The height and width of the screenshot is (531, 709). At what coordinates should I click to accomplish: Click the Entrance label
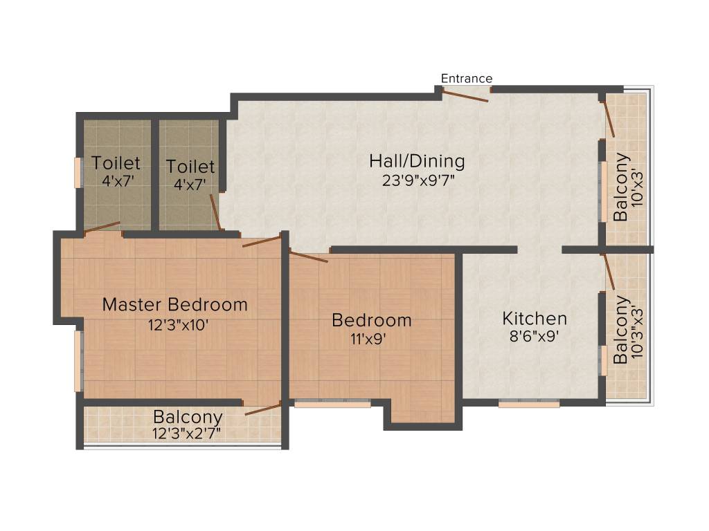pos(467,78)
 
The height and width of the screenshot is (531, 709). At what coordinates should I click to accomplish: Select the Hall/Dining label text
pos(417,162)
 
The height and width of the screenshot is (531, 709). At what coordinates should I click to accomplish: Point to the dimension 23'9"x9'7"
pos(417,181)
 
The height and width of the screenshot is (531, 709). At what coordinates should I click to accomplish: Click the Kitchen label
pos(535,319)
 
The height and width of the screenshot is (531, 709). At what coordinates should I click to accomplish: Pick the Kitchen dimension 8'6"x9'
pos(535,337)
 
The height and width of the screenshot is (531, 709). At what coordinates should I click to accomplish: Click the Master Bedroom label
pos(174,304)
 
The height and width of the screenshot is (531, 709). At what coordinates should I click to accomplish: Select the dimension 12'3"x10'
pos(174,324)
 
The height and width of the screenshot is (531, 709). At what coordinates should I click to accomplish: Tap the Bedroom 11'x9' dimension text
pos(372,339)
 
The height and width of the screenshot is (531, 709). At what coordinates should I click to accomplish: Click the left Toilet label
pos(116,163)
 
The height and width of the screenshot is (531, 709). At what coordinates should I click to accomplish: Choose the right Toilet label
pos(190,167)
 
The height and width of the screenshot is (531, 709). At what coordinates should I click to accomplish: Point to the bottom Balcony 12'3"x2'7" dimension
pos(188,434)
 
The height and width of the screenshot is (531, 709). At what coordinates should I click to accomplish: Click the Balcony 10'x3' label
pos(622,187)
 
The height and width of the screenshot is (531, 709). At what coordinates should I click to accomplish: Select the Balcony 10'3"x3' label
pos(622,330)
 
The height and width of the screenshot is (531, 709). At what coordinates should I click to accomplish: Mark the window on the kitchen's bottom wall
pos(529,404)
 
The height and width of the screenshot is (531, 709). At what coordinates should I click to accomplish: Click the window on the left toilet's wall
pos(78,172)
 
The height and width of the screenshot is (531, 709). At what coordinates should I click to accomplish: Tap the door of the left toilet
pos(102,227)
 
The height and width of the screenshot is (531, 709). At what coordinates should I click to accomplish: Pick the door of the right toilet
pos(216,212)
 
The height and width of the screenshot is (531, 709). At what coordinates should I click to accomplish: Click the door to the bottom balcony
pos(262,409)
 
